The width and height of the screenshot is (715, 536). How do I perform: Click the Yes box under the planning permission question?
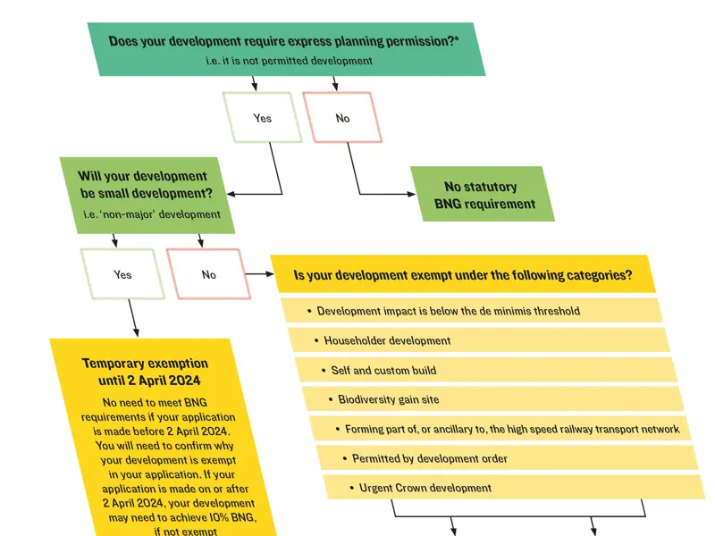point(262,118)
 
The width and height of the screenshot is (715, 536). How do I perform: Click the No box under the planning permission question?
point(342,118)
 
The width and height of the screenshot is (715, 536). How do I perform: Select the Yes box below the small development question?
point(122,274)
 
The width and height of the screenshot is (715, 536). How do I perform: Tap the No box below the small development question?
point(209,274)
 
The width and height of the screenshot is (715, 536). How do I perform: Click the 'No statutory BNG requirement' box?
point(483,194)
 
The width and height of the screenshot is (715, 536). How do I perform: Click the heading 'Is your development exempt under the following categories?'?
point(463,275)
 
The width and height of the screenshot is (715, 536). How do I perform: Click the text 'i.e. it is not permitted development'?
point(289,61)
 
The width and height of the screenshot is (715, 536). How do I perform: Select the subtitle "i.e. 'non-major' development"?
point(152,214)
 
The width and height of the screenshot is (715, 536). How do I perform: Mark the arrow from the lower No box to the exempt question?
point(260,274)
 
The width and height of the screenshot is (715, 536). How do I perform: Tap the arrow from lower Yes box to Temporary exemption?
point(133,318)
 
